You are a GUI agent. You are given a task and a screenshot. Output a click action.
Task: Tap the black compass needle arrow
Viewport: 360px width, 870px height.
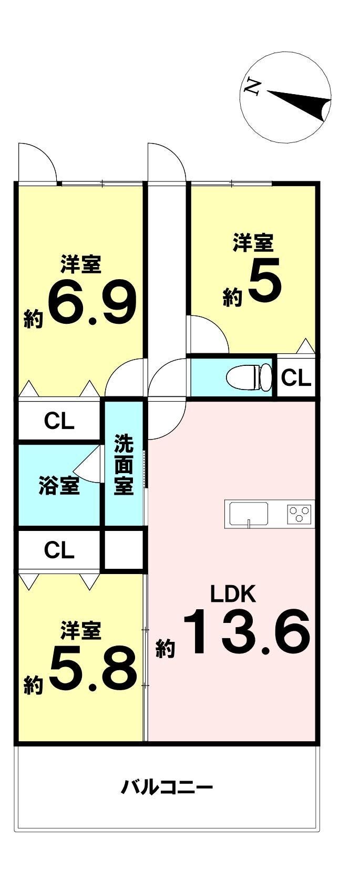click(x=300, y=104)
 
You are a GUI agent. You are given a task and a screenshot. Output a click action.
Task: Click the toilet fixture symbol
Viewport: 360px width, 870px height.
click(x=249, y=376)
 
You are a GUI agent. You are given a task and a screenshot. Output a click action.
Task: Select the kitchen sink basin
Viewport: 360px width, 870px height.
click(x=249, y=514)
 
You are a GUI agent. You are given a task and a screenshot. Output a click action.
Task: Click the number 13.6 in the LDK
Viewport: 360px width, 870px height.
click(x=246, y=632)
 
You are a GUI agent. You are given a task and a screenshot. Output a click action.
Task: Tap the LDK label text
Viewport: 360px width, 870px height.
click(x=233, y=594)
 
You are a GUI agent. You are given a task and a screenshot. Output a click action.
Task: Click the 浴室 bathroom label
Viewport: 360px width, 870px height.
click(x=59, y=486)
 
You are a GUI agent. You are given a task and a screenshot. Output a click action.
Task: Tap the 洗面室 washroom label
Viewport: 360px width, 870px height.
click(x=124, y=465)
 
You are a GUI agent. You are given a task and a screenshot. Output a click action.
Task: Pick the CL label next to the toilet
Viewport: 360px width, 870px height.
click(x=296, y=378)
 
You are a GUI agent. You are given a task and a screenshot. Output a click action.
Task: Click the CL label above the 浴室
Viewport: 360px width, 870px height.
click(x=59, y=421)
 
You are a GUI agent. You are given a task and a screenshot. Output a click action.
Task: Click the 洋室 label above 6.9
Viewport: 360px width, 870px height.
click(x=81, y=264)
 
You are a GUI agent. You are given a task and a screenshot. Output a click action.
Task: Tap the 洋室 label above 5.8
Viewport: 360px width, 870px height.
click(x=81, y=630)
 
